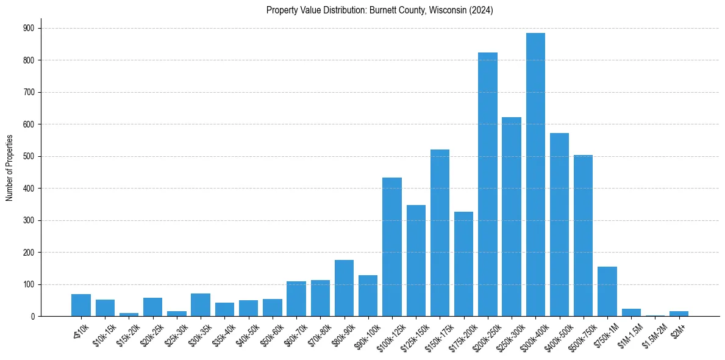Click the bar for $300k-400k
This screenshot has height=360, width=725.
click(x=535, y=175)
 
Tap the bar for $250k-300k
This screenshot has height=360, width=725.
click(x=512, y=217)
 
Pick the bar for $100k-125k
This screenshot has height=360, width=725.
click(x=392, y=247)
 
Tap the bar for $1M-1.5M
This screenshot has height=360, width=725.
click(x=631, y=312)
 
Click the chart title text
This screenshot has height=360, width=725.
click(x=379, y=10)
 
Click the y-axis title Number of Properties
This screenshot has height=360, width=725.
click(x=10, y=168)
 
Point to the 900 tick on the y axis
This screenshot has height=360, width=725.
click(x=29, y=28)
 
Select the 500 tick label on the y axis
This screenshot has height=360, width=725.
click(x=29, y=156)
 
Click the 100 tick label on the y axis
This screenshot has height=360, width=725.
click(x=29, y=284)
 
